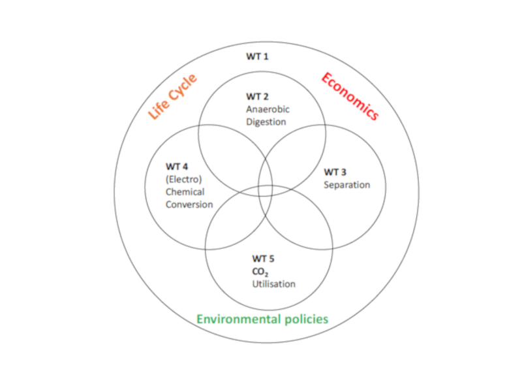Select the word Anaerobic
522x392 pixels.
point(268,109)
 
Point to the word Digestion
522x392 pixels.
point(266,122)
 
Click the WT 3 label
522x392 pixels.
point(335,172)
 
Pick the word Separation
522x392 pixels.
point(347,185)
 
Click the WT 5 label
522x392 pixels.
point(263,259)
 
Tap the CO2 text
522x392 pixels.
point(260,272)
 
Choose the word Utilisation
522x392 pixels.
point(274,284)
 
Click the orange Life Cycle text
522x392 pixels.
point(172,97)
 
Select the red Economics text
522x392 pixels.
point(349,96)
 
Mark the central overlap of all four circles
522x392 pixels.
point(266,191)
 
